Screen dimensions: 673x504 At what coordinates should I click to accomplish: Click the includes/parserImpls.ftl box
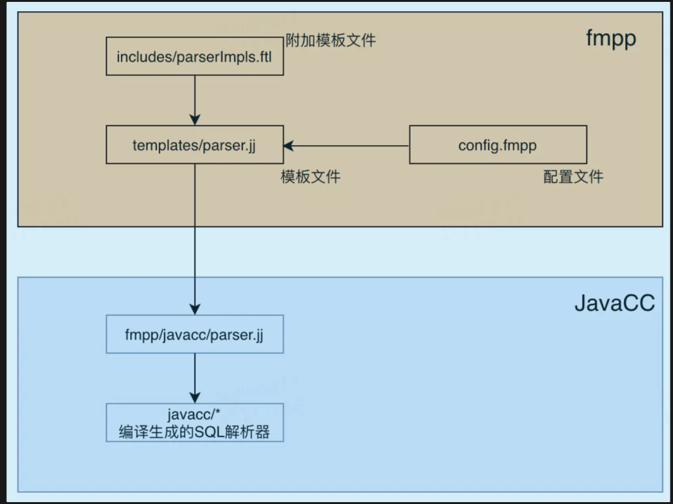coord(195,56)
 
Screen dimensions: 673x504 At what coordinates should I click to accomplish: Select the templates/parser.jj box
coord(195,145)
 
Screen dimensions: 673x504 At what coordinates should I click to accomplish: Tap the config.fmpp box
coord(498,145)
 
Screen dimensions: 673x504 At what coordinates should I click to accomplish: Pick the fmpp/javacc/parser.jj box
coord(195,334)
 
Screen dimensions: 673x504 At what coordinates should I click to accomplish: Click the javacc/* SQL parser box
coord(195,422)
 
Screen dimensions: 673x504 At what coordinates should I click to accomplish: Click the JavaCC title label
coord(614,303)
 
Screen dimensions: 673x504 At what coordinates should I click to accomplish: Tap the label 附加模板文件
coord(331,40)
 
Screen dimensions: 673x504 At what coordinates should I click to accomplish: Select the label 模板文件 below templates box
coord(311,177)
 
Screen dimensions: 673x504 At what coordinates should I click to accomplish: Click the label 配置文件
coord(573,177)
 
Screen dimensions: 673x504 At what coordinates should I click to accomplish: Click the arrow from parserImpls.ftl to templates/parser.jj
coord(195,100)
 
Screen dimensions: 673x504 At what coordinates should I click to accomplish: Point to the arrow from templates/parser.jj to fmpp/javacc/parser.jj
coord(195,239)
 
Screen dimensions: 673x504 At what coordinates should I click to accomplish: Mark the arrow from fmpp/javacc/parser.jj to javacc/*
coord(195,378)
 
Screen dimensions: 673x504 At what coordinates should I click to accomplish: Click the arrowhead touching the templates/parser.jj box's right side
coord(289,146)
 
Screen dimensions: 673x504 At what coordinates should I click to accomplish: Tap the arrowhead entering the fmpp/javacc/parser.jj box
coord(195,310)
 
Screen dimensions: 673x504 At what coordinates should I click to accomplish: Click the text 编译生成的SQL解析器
coord(194,432)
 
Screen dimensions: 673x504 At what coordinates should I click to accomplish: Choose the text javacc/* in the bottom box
coord(194,414)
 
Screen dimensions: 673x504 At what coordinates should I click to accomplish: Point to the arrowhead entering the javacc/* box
coord(195,398)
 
